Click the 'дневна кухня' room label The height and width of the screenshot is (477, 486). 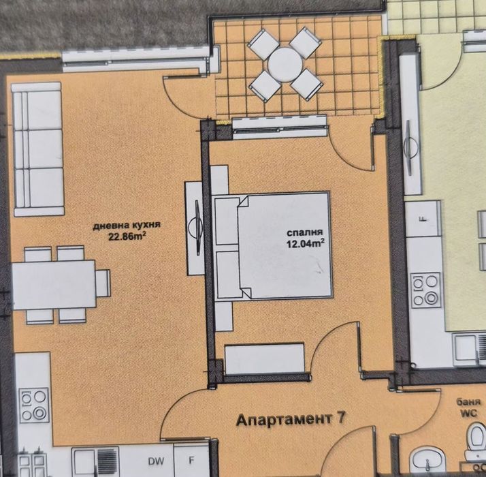pos(127,225)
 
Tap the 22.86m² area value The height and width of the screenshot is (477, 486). pos(127,236)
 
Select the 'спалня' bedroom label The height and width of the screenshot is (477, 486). pos(305,232)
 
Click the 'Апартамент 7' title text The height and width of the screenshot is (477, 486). pos(291,420)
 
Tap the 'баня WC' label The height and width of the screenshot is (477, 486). pos(468,407)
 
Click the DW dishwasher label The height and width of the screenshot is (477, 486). pos(156,461)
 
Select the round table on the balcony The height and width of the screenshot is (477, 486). pos(285,65)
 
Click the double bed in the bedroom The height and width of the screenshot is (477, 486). pos(272,246)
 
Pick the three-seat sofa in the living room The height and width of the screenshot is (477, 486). pos(38,149)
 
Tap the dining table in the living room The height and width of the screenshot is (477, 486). pos(54,285)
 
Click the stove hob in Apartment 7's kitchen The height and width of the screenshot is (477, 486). pos(35,405)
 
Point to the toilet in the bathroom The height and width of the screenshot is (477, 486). pos(476,441)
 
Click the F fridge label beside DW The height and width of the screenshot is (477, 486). pos(192,461)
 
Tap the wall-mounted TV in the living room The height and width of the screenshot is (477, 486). pos(197,228)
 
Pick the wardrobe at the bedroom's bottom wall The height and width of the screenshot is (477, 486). pos(264,358)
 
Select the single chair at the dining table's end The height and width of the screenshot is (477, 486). pos(103,283)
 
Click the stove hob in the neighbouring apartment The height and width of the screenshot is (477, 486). pos(425,290)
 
